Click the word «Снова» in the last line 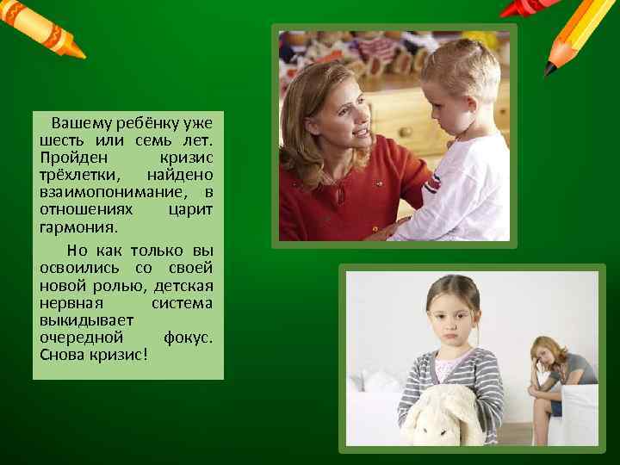[59, 354]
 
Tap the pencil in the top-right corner [575, 34]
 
